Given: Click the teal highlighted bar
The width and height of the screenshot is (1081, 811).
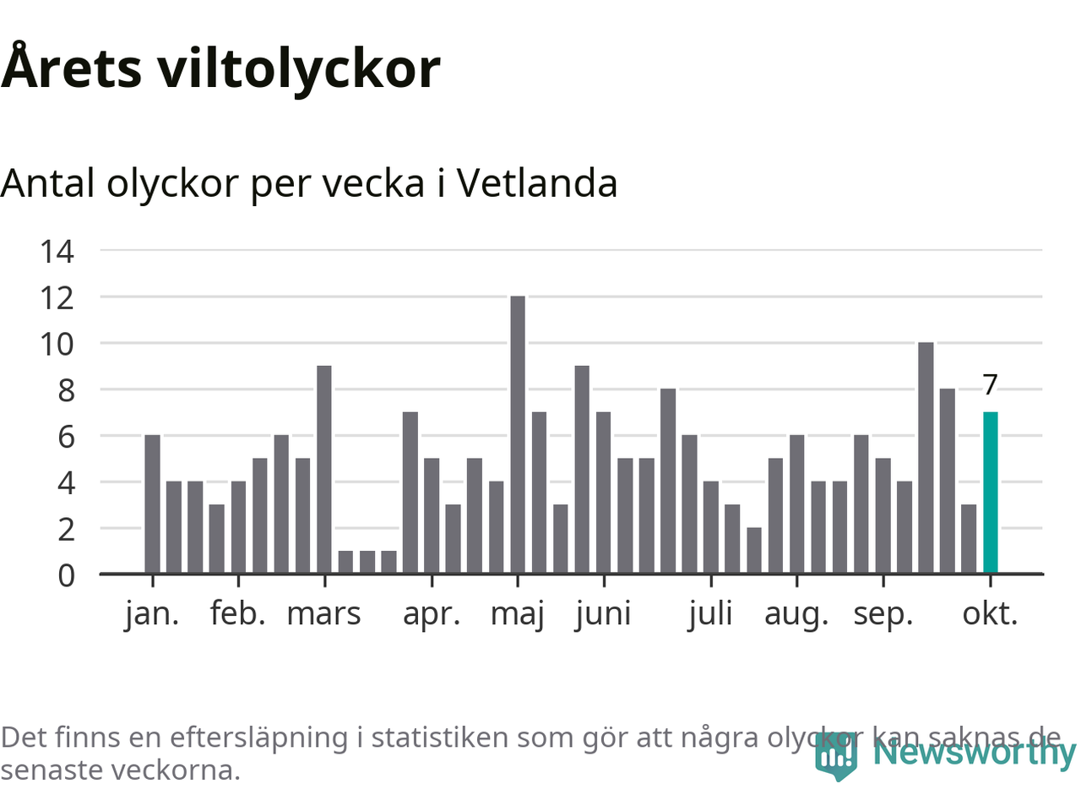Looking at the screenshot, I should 990,493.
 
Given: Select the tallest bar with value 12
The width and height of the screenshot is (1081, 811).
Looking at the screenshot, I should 518,435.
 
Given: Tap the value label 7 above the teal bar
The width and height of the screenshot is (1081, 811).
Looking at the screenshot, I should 990,385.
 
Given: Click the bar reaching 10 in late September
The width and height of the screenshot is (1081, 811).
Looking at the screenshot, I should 926,458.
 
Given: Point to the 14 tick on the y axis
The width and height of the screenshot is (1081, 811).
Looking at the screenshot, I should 57,251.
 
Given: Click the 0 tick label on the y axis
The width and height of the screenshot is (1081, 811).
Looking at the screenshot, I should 66,575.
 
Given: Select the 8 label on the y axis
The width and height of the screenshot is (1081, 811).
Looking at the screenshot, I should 66,390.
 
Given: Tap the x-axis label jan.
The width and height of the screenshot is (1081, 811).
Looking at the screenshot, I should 152,613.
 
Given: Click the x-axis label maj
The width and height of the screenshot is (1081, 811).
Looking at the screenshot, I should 518,613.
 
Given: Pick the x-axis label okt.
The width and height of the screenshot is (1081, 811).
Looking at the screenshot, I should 990,613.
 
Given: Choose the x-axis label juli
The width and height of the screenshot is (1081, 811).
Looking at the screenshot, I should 710,613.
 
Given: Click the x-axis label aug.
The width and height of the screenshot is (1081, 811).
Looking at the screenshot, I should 796,613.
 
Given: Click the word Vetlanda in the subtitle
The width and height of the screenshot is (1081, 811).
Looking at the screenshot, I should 537,183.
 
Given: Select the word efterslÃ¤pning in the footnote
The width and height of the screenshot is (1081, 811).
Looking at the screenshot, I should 258,738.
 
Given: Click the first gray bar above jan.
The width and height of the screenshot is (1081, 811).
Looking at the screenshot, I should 152,504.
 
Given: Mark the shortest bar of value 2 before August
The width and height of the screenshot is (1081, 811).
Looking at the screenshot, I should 753,551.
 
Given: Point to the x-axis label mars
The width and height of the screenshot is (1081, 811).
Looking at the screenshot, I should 323,613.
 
